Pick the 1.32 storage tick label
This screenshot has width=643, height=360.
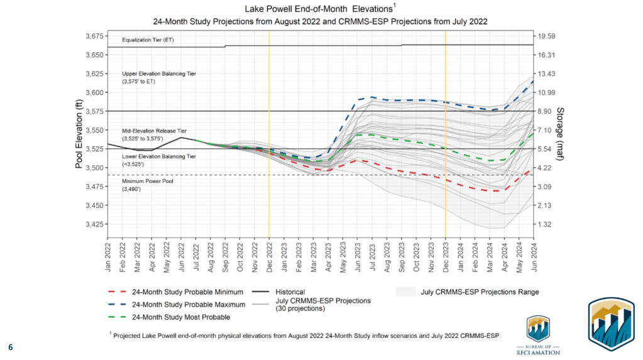tap(545, 224)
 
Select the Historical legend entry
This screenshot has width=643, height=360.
tap(282, 292)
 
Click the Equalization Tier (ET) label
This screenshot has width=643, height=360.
tap(148, 41)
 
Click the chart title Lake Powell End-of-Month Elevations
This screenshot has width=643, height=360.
tap(321, 9)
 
